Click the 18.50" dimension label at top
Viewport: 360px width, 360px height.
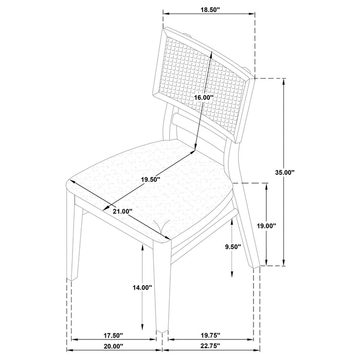209,9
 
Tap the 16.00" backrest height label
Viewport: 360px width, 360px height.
204,97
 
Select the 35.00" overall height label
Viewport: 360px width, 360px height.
284,173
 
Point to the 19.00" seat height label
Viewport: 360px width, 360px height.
266,225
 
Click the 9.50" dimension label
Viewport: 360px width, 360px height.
233,247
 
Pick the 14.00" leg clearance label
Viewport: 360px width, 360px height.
142,287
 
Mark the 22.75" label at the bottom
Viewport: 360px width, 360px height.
211,347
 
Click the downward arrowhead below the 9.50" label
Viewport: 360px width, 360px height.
233,271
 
